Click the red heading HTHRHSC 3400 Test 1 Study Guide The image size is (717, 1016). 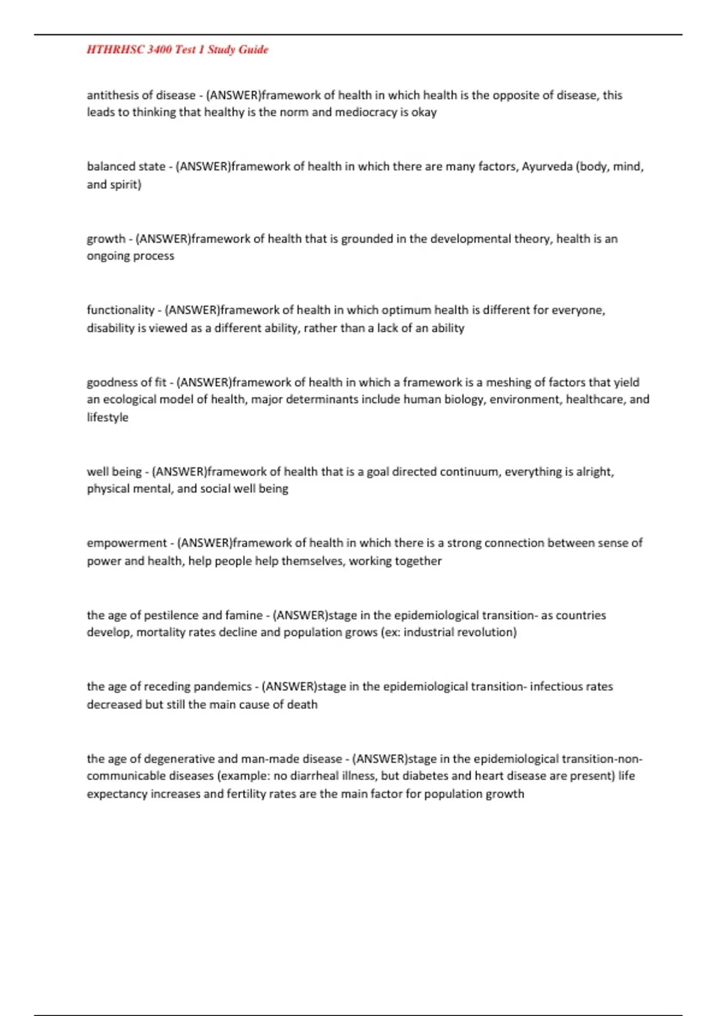tap(177, 50)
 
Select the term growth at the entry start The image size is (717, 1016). tap(106, 239)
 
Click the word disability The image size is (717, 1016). tap(111, 328)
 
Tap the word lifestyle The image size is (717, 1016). tap(108, 417)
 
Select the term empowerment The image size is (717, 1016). tap(127, 543)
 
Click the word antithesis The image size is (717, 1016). tap(112, 96)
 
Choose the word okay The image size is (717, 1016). tap(424, 112)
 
